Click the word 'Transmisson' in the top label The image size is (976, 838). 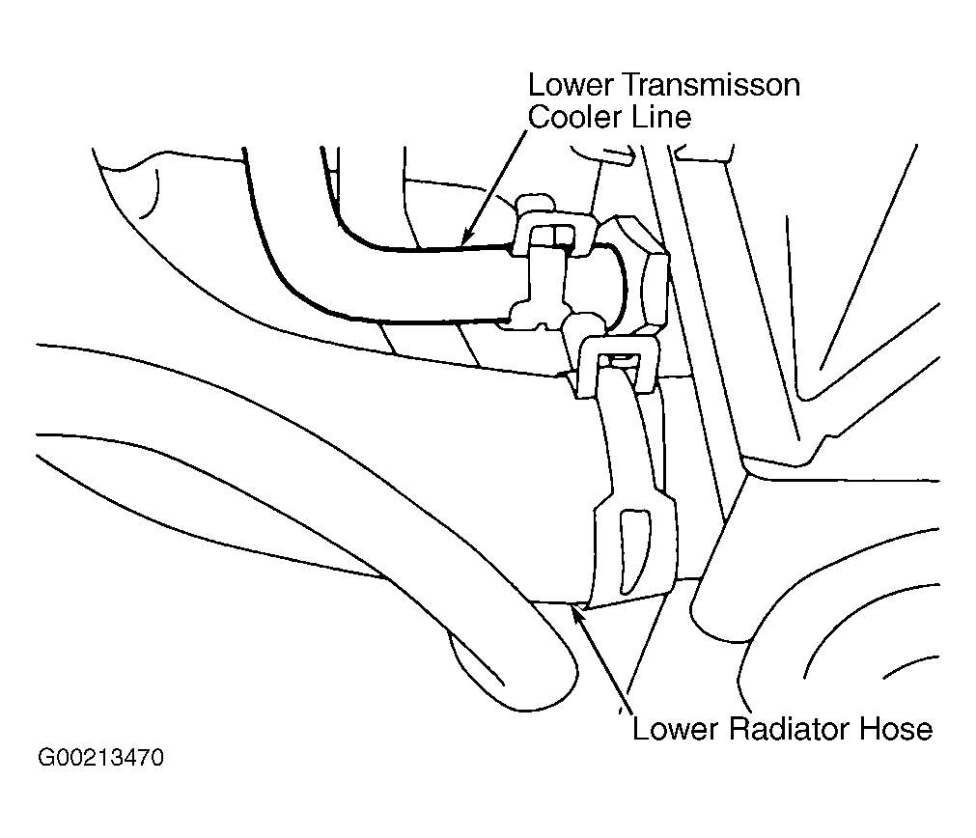(x=711, y=85)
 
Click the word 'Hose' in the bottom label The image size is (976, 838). (x=896, y=729)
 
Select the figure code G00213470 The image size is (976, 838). (x=100, y=758)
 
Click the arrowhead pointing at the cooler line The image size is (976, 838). (x=467, y=237)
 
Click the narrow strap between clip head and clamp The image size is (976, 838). (x=628, y=435)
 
